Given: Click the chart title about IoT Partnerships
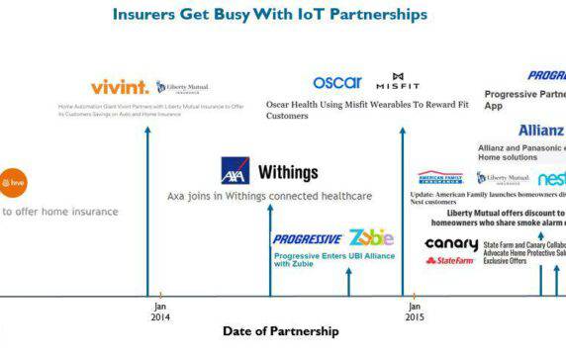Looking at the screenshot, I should click(x=269, y=15).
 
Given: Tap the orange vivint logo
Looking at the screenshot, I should click(x=119, y=87).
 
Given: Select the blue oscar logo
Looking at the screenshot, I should click(x=337, y=82).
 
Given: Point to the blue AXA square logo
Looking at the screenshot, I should click(x=236, y=172).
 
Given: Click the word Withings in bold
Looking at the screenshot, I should click(x=288, y=172).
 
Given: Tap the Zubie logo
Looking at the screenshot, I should click(x=371, y=237).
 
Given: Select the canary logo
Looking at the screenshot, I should click(x=450, y=244).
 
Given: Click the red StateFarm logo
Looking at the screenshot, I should click(x=450, y=261).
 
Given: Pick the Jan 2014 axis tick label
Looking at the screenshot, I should click(x=160, y=312).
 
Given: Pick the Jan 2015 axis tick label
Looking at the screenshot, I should click(x=415, y=312).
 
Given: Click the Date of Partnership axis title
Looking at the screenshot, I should click(x=280, y=331).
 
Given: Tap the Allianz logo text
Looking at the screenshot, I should click(x=540, y=131).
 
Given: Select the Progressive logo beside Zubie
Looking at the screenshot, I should click(x=308, y=238).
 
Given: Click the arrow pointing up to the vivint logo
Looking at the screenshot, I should click(x=146, y=198).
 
